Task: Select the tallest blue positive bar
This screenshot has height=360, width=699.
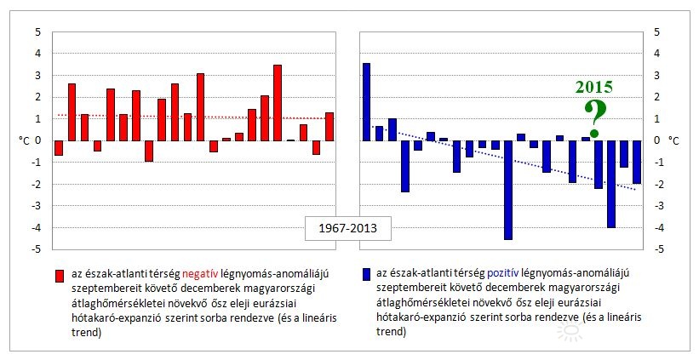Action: click(x=366, y=101)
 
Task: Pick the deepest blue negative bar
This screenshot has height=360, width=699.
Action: click(x=508, y=190)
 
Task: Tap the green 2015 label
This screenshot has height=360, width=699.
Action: click(x=593, y=87)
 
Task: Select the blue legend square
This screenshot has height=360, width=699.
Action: click(x=366, y=275)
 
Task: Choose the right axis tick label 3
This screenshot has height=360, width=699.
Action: click(x=656, y=76)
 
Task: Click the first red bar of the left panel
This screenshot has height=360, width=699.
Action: click(x=59, y=148)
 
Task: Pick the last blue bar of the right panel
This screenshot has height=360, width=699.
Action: click(x=636, y=162)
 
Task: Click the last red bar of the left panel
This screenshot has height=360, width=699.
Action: click(x=329, y=127)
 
